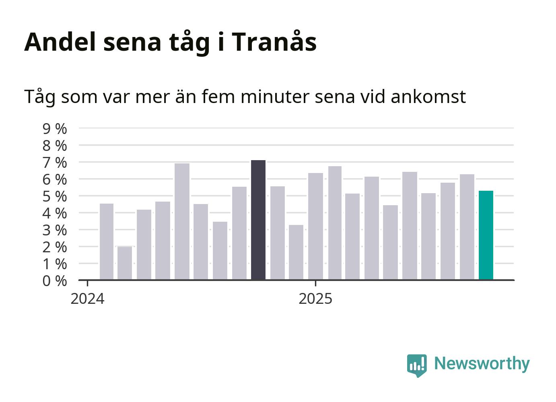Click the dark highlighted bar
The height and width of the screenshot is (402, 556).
[258, 220]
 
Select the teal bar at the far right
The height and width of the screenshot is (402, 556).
[486, 235]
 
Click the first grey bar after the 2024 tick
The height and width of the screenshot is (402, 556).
[107, 241]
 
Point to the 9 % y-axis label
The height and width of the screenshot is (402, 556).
[55, 129]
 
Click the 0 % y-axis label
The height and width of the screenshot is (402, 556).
[55, 281]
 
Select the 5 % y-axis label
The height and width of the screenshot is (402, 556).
[55, 196]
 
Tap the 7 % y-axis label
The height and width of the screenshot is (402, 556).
[55, 163]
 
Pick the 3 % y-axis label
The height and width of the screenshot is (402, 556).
[55, 230]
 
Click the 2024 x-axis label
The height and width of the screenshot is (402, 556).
[87, 299]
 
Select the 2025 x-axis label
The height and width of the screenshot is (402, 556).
[315, 299]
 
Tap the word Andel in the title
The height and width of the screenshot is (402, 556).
[60, 42]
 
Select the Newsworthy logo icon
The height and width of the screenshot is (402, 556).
[416, 365]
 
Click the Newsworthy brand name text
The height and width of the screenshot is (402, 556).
[482, 363]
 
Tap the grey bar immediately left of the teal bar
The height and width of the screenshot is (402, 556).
[467, 227]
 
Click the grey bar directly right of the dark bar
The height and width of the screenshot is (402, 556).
[278, 233]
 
